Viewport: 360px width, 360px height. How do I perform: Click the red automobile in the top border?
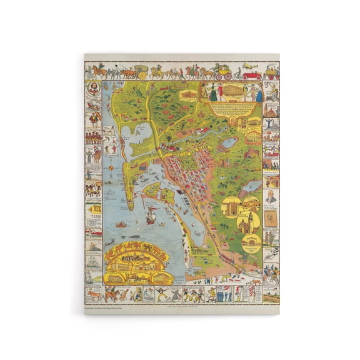252,75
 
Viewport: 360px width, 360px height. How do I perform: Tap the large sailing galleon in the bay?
150,216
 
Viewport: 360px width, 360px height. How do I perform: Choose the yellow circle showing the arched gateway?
232,206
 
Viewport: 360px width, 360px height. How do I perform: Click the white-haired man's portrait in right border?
271,197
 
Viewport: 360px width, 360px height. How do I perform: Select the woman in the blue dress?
258,94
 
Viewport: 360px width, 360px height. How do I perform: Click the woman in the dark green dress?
212,93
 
